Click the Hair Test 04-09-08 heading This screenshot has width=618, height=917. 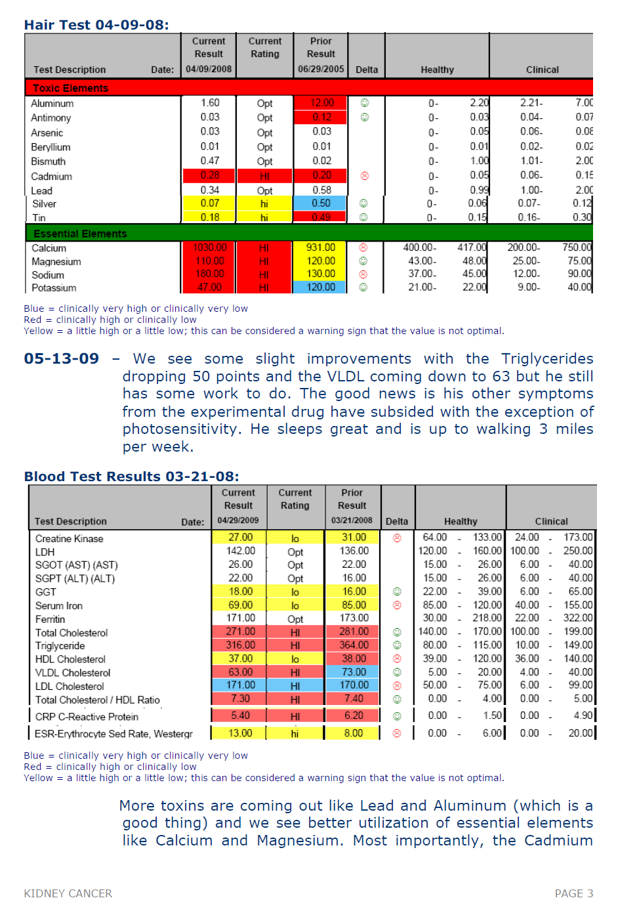pyautogui.click(x=96, y=25)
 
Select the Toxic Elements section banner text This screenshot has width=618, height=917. pyautogui.click(x=70, y=88)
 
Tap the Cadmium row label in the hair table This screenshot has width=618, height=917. pyautogui.click(x=51, y=177)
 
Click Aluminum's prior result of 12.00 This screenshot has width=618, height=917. pyautogui.click(x=322, y=103)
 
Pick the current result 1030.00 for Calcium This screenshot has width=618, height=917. pyautogui.click(x=210, y=247)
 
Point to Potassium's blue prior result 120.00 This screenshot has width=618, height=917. pyautogui.click(x=321, y=287)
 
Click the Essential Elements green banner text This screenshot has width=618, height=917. pyautogui.click(x=80, y=234)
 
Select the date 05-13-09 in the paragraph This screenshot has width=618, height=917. pyautogui.click(x=62, y=359)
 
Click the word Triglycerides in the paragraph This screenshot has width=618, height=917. pyautogui.click(x=547, y=359)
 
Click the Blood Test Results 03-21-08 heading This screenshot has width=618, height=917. pyautogui.click(x=131, y=477)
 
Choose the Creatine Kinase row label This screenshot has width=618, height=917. pyautogui.click(x=70, y=539)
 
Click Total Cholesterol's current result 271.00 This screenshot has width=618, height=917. pyautogui.click(x=241, y=631)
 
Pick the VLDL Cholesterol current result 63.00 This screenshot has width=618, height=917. pyautogui.click(x=241, y=672)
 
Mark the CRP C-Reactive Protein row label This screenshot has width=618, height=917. pyautogui.click(x=87, y=717)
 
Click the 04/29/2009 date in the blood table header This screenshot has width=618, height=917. pyautogui.click(x=238, y=521)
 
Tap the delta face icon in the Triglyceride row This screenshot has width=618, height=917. pyautogui.click(x=397, y=645)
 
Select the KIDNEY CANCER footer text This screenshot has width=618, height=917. pyautogui.click(x=68, y=893)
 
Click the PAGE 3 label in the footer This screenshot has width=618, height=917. pyautogui.click(x=574, y=893)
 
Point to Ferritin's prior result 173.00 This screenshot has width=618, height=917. pyautogui.click(x=354, y=618)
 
